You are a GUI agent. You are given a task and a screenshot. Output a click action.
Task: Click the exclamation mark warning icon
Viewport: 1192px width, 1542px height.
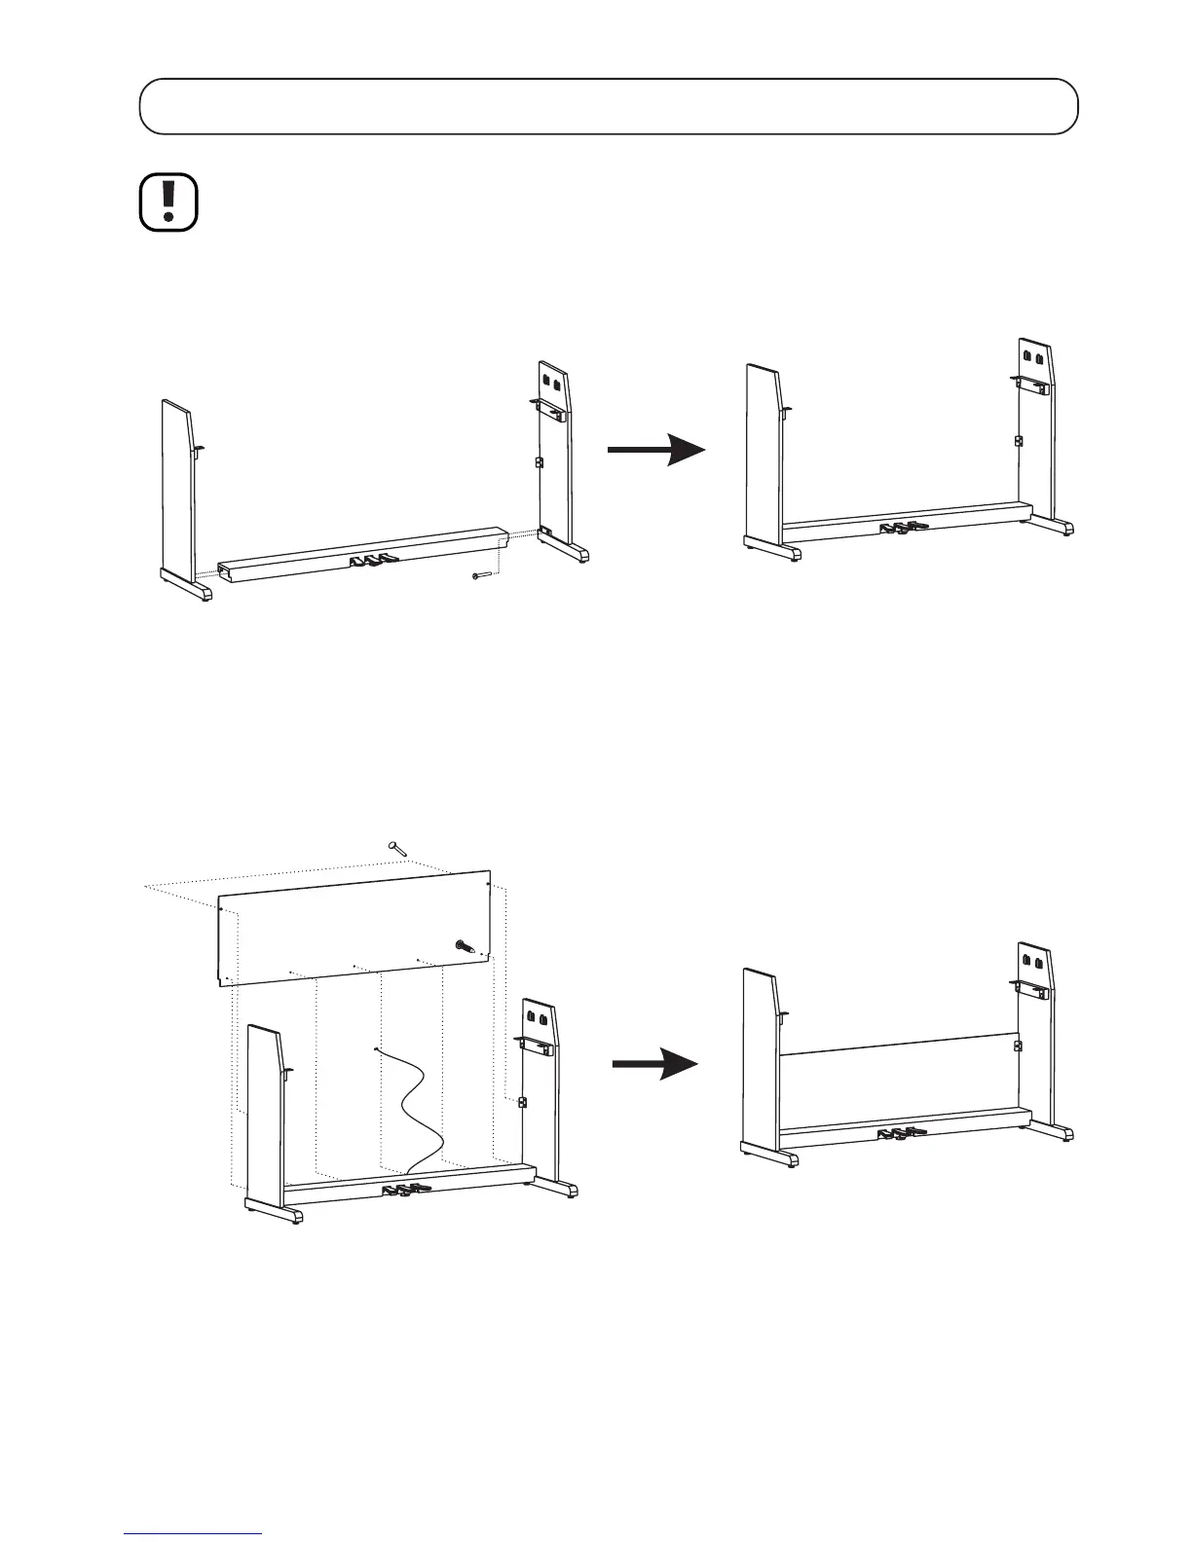168,202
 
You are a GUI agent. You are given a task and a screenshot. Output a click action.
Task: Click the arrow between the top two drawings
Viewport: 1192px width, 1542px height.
655,449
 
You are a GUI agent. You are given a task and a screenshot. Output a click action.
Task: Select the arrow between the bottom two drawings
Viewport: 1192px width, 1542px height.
655,1065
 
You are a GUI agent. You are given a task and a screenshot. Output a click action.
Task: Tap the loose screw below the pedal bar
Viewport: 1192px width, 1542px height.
480,576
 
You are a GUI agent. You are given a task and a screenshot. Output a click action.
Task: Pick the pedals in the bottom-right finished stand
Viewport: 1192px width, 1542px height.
900,1133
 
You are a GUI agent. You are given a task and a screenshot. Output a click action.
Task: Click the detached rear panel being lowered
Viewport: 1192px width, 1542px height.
351,925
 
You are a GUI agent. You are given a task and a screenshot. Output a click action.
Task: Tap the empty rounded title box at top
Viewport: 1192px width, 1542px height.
609,106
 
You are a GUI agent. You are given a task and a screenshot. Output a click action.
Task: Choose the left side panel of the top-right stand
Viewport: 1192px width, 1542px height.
763,448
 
